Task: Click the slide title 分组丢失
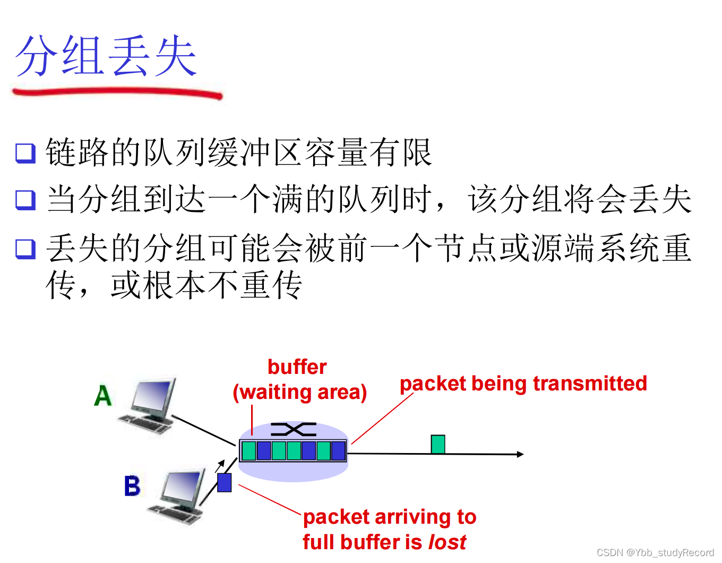pos(106,56)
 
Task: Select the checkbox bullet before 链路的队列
pos(25,153)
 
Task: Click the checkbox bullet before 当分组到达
pos(25,200)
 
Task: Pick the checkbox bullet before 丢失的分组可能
pos(25,248)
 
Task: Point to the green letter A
pos(103,396)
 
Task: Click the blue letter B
pos(132,486)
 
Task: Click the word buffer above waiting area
pos(297,367)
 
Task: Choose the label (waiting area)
pos(300,392)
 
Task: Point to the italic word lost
pos(447,542)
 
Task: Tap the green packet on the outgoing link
pos(438,444)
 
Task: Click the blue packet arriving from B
pos(225,482)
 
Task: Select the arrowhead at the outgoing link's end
pos(520,454)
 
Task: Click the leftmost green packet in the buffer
pos(248,450)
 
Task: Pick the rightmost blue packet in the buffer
pos(338,450)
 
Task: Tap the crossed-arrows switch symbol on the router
pos(294,429)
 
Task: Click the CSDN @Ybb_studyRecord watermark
pos(655,553)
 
